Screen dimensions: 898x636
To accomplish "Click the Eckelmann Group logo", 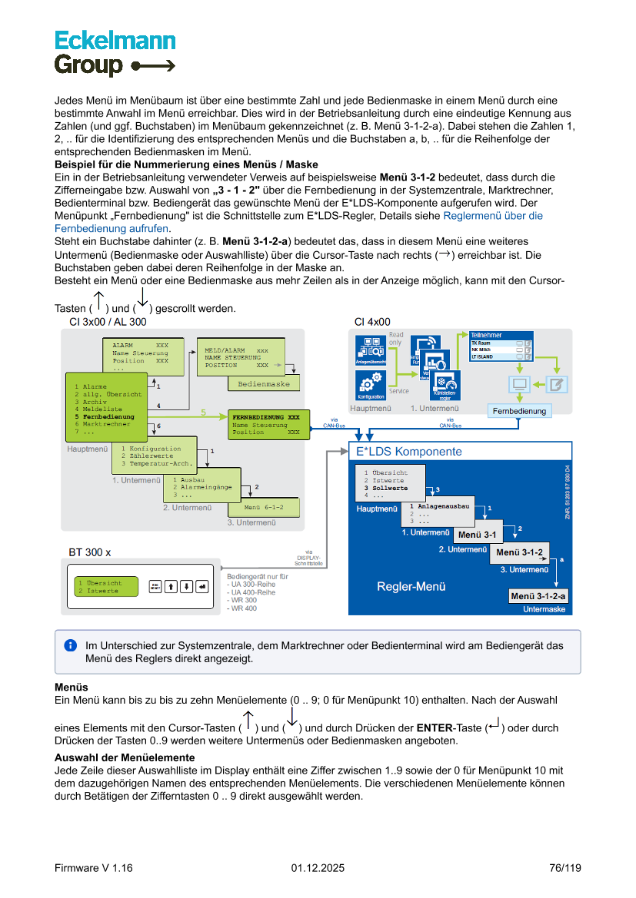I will point(115,52).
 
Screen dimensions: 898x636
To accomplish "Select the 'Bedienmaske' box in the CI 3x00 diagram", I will point(264,383).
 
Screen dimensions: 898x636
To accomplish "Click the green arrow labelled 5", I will point(204,413).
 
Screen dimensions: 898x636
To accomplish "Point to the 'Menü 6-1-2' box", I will point(264,508).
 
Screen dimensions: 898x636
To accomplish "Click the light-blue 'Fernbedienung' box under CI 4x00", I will point(520,411).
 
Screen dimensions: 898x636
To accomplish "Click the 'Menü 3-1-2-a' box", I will point(538,596).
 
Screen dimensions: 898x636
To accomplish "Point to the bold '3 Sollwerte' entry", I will point(390,488).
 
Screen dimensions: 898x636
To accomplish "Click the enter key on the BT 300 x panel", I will point(202,586).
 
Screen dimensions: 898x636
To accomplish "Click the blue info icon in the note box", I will point(71,645).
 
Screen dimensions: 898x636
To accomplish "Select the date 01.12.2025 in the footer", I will point(318,868).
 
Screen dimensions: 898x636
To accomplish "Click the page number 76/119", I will point(564,868).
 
